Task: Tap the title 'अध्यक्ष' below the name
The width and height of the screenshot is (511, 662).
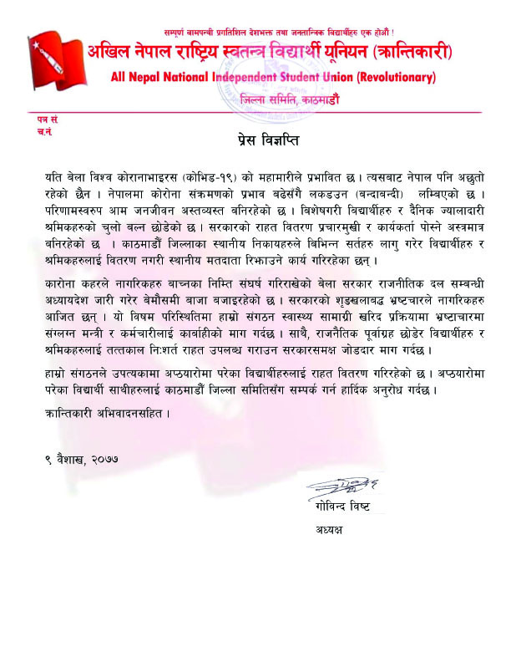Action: click(331, 530)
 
